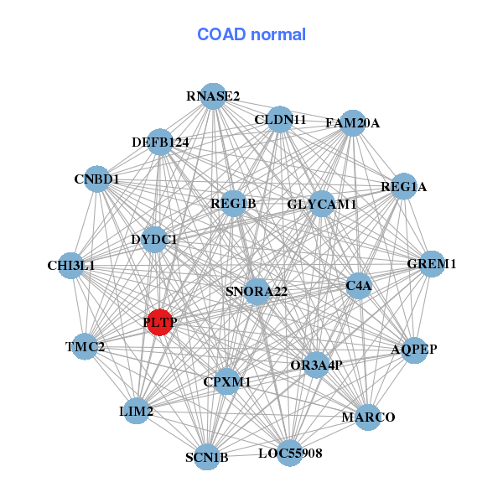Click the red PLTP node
point(159,322)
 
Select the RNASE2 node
point(213,96)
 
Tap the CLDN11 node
point(279,120)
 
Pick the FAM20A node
point(352,123)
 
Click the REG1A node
point(403,186)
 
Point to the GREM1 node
point(431,264)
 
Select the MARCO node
point(368,417)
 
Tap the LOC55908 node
point(289,453)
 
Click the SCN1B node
point(207,457)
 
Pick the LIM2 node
point(137,411)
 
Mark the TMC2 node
point(85,346)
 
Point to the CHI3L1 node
point(71,266)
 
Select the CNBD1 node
point(96,179)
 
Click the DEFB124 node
point(159,143)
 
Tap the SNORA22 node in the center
point(257,292)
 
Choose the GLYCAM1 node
point(322,204)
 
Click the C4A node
point(358,286)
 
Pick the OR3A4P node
point(315,365)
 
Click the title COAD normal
point(251,35)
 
